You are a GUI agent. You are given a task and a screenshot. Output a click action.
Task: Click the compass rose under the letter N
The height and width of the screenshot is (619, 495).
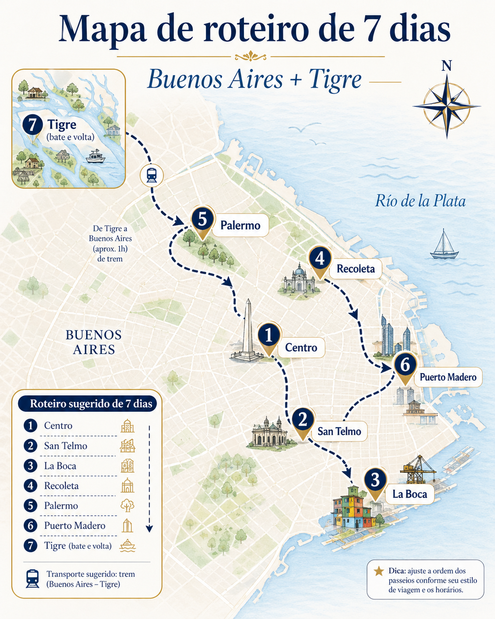point(446,106)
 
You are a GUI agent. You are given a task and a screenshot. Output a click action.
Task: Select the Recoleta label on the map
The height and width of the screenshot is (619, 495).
point(356,268)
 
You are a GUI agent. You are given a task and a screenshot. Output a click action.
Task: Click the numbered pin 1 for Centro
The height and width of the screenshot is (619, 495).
point(269,335)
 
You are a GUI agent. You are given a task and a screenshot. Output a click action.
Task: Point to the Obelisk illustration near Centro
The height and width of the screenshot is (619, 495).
point(247,331)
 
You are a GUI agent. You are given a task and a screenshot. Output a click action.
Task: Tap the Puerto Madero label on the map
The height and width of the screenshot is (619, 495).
point(448,377)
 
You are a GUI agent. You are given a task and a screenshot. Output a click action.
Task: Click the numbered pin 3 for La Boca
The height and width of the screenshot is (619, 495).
point(375,480)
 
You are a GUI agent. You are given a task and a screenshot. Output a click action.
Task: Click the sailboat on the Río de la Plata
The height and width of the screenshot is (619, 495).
point(444,245)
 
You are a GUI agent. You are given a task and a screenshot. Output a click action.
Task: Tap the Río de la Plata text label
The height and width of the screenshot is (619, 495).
point(420,201)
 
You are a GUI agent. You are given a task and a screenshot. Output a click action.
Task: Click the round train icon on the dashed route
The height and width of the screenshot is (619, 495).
point(151,175)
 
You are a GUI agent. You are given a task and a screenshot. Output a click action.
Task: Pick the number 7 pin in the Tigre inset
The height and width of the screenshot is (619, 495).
point(33,125)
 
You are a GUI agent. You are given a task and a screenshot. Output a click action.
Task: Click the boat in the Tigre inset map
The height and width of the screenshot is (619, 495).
point(95,157)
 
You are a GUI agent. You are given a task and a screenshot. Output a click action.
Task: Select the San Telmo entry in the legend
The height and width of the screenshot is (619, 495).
point(65,446)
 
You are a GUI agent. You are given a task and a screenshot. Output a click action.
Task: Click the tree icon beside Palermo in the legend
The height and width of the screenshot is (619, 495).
point(127,506)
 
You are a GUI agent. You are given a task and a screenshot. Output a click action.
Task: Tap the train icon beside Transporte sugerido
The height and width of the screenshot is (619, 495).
point(33,578)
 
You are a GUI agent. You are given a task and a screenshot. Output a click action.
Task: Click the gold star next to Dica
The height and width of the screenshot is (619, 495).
point(379,571)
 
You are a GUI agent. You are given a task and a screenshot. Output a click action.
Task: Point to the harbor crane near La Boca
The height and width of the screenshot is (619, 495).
point(417,469)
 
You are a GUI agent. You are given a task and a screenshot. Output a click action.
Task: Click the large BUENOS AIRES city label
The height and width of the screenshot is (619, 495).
point(94,342)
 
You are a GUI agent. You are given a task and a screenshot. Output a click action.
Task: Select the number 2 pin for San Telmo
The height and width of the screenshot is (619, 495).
point(302,420)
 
